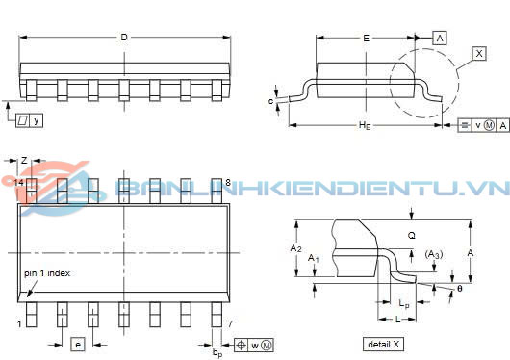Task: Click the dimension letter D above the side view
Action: pos(124,38)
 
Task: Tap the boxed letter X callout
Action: pos(479,53)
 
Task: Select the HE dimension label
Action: pos(365,125)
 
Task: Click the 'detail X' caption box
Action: pos(383,345)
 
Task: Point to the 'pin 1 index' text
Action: pos(47,273)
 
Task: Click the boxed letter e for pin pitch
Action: pos(78,345)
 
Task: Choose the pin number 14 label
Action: pos(19,183)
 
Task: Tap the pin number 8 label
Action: pos(228,183)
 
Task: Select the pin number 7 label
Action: pos(230,323)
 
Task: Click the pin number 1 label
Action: pos(19,323)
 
